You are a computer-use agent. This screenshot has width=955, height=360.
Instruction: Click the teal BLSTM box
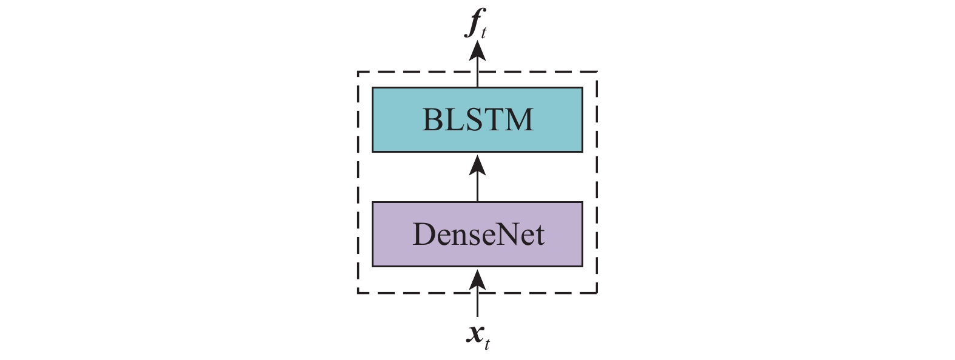point(477,120)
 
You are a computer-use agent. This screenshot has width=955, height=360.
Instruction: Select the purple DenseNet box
point(477,235)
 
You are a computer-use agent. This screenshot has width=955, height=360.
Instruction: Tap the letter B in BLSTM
point(431,120)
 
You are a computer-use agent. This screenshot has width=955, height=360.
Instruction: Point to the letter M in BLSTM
point(519,120)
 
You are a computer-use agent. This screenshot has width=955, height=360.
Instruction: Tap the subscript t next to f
point(483,33)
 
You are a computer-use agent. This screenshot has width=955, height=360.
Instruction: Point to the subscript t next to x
point(487,344)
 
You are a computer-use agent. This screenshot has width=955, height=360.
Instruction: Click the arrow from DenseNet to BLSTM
point(477,178)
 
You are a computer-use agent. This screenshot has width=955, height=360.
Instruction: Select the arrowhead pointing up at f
point(477,51)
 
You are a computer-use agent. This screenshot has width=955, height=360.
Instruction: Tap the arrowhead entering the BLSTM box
point(477,164)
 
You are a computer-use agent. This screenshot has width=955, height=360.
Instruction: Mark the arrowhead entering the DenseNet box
point(477,279)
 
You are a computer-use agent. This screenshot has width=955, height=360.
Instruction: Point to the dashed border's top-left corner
point(358,72)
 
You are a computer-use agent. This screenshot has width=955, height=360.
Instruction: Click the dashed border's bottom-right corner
point(597,293)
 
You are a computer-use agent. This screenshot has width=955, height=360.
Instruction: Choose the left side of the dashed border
point(358,182)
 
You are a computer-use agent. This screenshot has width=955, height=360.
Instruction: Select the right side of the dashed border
point(597,182)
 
